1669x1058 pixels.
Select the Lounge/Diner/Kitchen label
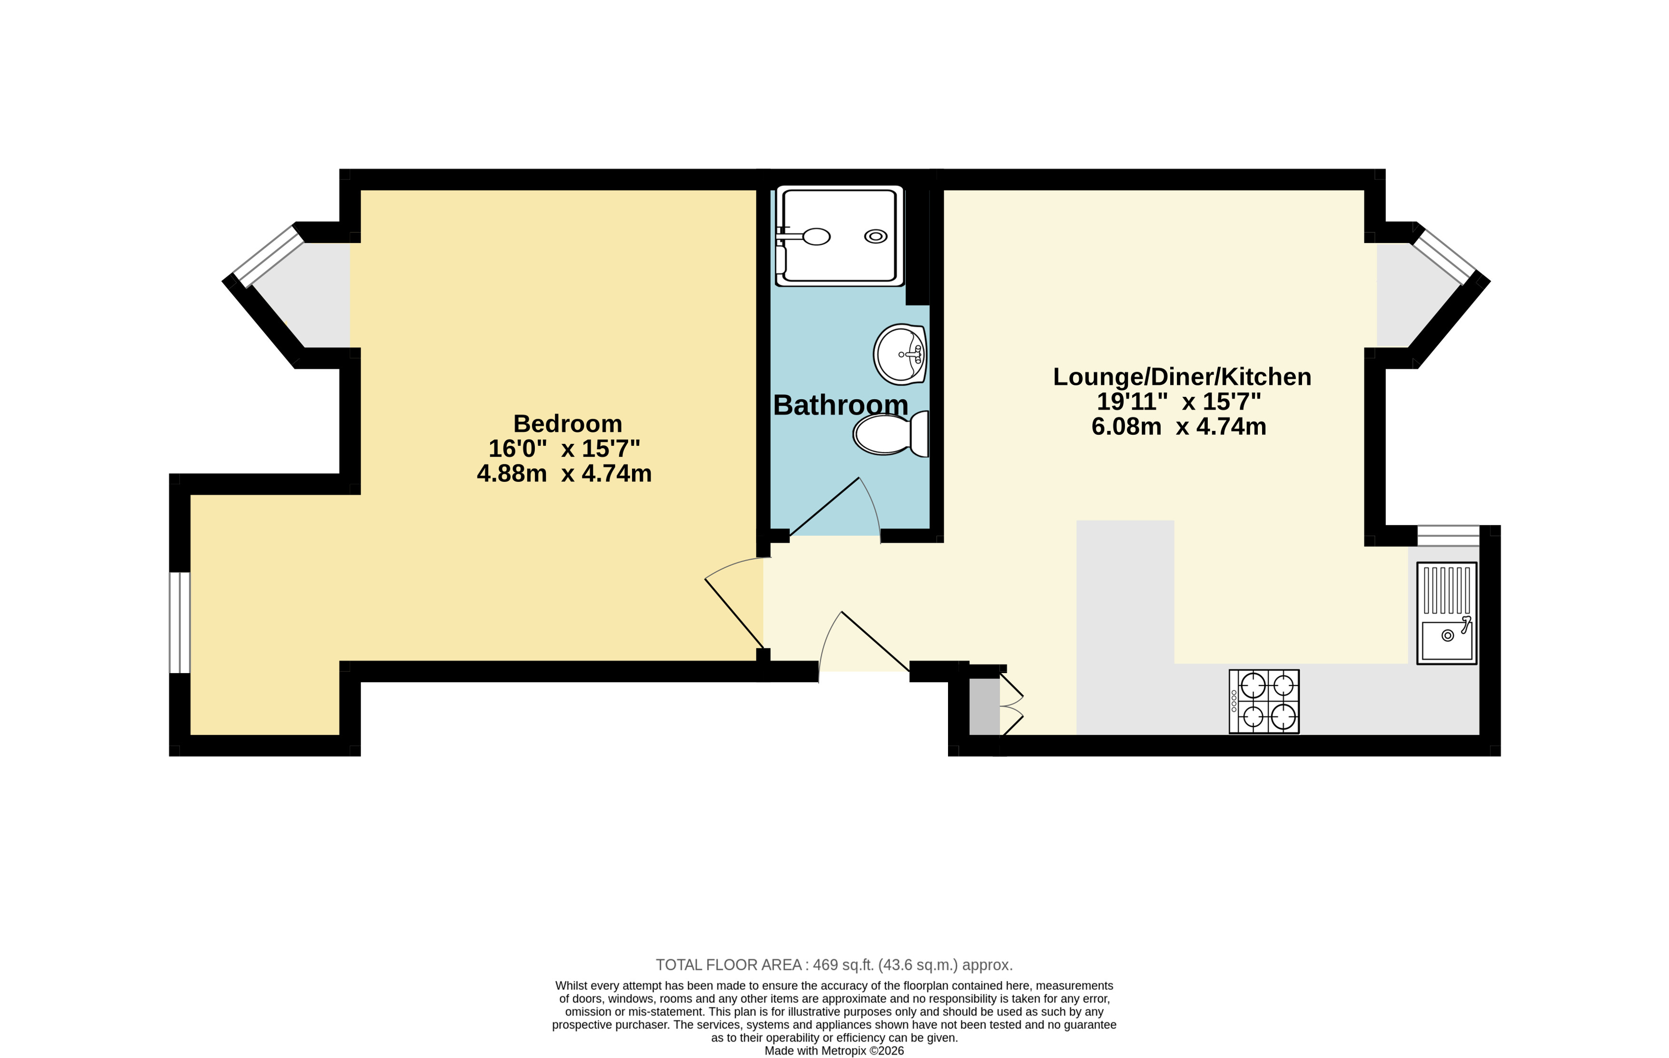[1182, 377]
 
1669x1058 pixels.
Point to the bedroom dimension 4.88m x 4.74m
[564, 473]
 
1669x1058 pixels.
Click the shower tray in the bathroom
[839, 235]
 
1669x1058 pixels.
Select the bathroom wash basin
[899, 354]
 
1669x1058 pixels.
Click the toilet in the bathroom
[890, 434]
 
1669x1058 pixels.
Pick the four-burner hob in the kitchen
[1264, 701]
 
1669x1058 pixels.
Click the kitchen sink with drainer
[1446, 613]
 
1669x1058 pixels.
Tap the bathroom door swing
[835, 509]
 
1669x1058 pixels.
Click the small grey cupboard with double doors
[995, 705]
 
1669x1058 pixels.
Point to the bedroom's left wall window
[179, 622]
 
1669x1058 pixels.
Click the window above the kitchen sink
[1448, 536]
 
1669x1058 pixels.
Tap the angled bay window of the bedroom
[269, 255]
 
